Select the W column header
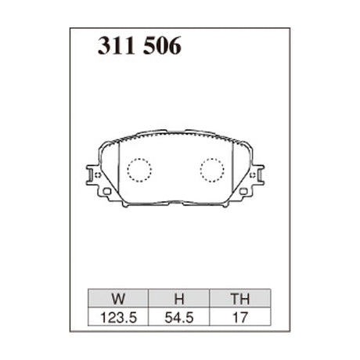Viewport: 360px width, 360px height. pos(117,298)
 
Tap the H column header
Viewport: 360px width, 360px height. pos(178,298)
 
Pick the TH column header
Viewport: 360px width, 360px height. pos(240,298)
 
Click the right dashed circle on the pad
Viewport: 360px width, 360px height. pos(212,169)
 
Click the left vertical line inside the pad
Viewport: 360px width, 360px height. pos(117,172)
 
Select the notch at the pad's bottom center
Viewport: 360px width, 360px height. pos(175,202)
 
